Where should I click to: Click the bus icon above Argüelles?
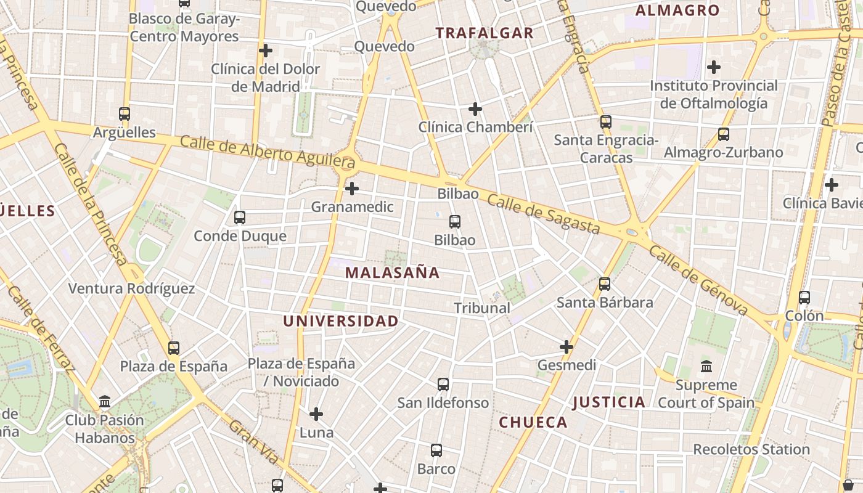click(x=125, y=114)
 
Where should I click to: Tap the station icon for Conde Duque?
click(x=240, y=218)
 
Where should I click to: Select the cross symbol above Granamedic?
click(x=352, y=188)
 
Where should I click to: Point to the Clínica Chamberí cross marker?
click(x=475, y=109)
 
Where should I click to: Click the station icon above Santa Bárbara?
click(x=605, y=284)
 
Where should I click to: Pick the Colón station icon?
click(x=804, y=298)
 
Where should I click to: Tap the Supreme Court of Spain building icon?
click(x=706, y=367)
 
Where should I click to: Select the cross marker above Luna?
click(x=316, y=414)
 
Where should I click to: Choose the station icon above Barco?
click(x=436, y=450)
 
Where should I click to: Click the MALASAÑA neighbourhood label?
click(x=392, y=272)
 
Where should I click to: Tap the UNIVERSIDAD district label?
click(x=340, y=321)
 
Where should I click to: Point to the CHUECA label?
click(x=533, y=422)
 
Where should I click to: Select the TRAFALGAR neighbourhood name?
click(x=485, y=33)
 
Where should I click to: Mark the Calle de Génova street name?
click(x=698, y=280)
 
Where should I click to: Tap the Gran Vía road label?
click(x=254, y=441)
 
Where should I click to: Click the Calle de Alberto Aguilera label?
click(x=268, y=152)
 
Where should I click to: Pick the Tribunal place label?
click(x=482, y=308)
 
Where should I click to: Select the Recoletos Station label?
click(x=751, y=450)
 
